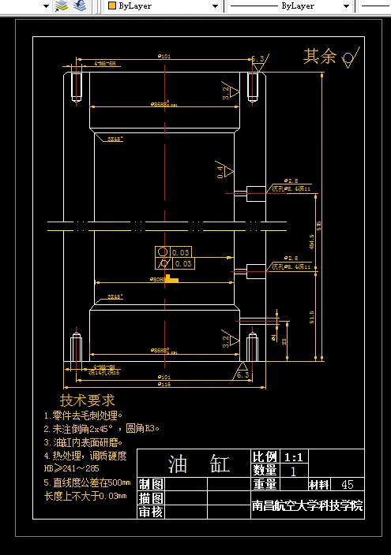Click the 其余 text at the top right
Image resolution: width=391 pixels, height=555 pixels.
pos(320,56)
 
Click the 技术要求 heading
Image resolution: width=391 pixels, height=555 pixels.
pos(88,400)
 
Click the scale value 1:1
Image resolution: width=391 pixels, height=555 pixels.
pos(293,457)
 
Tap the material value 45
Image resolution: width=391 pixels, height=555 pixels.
pos(347,485)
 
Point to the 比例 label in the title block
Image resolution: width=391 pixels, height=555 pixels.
pos(265,457)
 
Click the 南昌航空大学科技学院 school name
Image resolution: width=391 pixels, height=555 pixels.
pos(307,506)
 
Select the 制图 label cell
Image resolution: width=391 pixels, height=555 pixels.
pos(151,484)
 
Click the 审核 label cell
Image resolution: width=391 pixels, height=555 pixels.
pos(151,512)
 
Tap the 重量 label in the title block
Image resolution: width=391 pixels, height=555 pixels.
pos(265,485)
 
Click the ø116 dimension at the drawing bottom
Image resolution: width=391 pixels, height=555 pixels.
pos(164,384)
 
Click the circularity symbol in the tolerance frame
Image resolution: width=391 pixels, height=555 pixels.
pos(163,252)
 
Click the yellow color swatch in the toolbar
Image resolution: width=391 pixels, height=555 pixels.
pos(111,6)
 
